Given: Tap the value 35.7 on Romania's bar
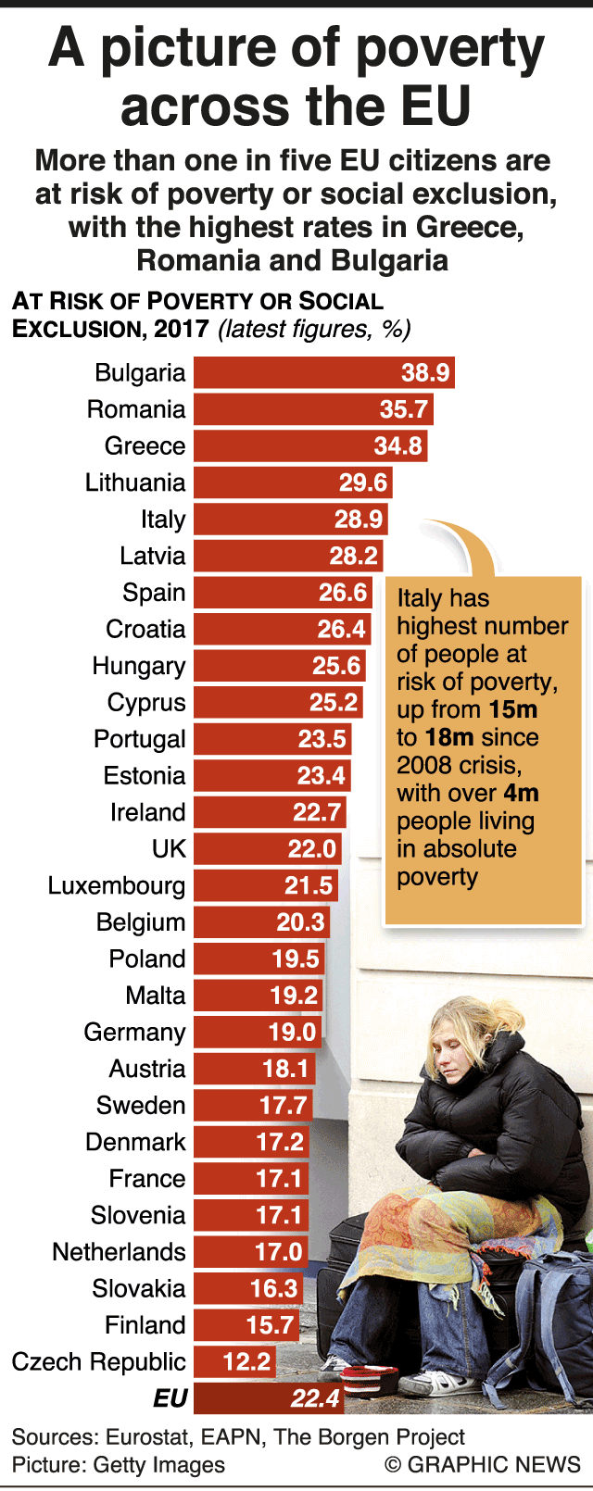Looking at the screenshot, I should point(404,409).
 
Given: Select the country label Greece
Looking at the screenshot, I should point(145,445).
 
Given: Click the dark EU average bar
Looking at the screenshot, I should point(269,1398).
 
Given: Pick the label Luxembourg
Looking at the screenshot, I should point(117,885).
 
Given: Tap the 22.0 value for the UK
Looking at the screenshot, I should point(311,849).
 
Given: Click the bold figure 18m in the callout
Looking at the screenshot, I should point(448,738).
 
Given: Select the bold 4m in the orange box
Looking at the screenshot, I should point(521,794).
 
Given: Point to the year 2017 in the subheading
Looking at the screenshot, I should point(181,330).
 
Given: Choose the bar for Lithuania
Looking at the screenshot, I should point(293,482).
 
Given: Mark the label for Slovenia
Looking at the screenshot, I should point(138,1215).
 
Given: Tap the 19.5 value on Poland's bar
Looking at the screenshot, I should point(296,958).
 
